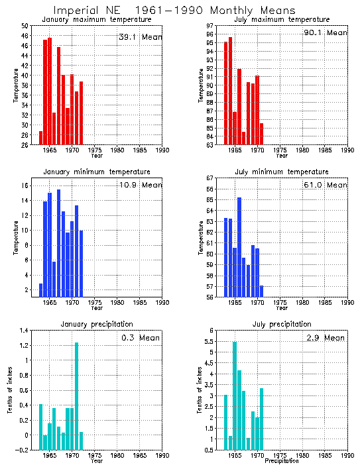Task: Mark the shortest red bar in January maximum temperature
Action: [41, 138]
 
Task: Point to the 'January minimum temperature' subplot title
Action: [97, 172]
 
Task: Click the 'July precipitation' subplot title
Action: [282, 324]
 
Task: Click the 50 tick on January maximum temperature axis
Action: [25, 26]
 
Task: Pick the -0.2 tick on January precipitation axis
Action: [23, 450]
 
